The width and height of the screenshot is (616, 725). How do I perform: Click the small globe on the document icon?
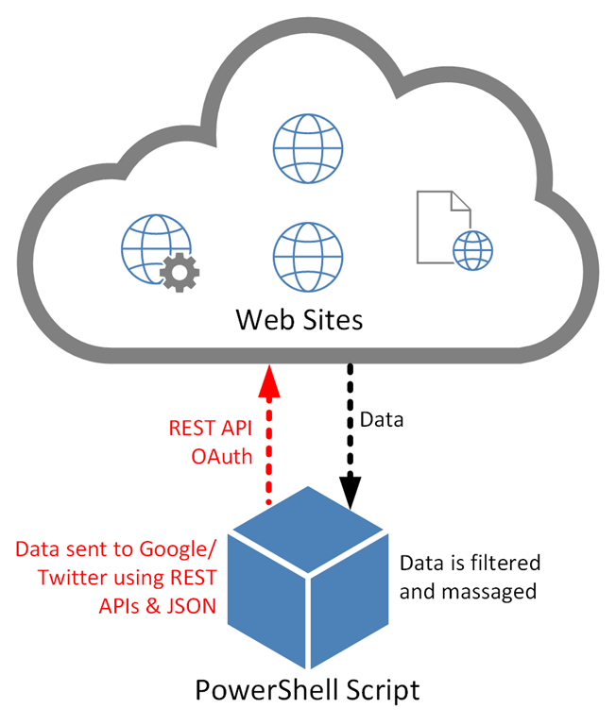click(472, 251)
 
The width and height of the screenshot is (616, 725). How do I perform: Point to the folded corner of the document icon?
click(458, 201)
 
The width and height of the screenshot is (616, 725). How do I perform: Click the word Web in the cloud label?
click(261, 320)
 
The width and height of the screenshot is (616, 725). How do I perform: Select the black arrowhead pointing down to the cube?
click(351, 494)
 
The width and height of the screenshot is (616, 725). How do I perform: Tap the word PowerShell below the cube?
click(257, 690)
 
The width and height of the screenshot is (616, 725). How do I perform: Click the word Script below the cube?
click(376, 690)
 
